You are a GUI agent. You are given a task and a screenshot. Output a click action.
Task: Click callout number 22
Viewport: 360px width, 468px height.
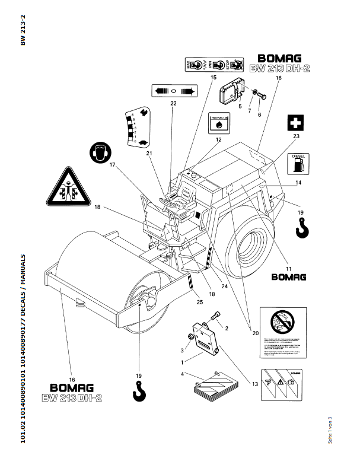(173, 103)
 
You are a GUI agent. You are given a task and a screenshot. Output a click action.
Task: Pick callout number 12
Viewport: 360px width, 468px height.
(218, 140)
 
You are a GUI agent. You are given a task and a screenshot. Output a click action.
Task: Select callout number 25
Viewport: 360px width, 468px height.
(199, 303)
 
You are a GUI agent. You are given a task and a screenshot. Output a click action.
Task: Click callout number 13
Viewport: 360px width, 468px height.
(255, 384)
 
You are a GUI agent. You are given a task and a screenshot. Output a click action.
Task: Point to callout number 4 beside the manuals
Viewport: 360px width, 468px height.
(183, 374)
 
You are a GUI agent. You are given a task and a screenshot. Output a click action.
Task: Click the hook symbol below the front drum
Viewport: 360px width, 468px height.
(139, 391)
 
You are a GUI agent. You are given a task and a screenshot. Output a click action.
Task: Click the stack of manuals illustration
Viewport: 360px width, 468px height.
(211, 389)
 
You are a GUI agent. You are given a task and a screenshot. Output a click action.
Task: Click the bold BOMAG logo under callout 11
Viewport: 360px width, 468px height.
(288, 276)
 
